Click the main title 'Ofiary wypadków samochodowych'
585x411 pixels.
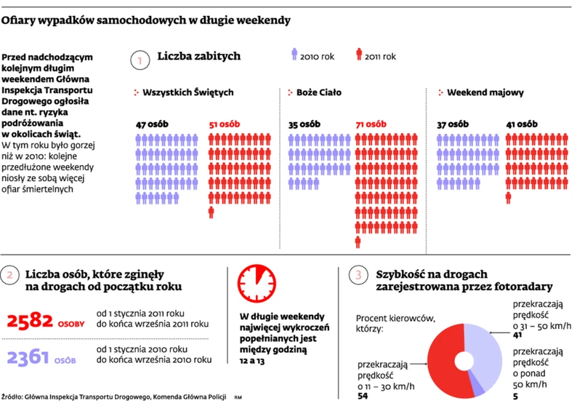click(146, 20)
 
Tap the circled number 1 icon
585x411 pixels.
click(138, 60)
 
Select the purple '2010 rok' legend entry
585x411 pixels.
click(310, 56)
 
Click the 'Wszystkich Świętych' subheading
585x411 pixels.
click(187, 93)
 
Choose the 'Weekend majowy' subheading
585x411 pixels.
click(484, 93)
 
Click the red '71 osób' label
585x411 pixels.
click(370, 124)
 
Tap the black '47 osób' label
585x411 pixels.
click(152, 124)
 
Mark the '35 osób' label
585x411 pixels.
click(304, 124)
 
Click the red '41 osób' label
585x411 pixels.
click(522, 124)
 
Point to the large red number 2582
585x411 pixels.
click(30, 321)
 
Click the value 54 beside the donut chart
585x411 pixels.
click(363, 396)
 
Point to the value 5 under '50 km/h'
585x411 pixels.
click(516, 396)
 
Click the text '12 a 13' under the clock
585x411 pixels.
click(253, 362)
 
